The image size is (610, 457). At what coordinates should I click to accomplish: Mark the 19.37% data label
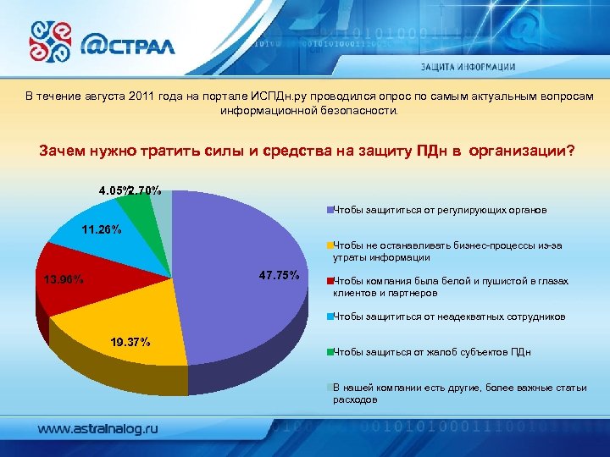(130, 342)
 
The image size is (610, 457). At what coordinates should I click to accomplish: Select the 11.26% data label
(101, 229)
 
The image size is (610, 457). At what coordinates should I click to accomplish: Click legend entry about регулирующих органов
(440, 208)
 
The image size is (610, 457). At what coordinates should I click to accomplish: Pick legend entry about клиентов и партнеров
(450, 287)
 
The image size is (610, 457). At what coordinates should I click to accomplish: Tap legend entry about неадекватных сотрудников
(448, 317)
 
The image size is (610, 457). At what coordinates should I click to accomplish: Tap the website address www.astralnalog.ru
(97, 429)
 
